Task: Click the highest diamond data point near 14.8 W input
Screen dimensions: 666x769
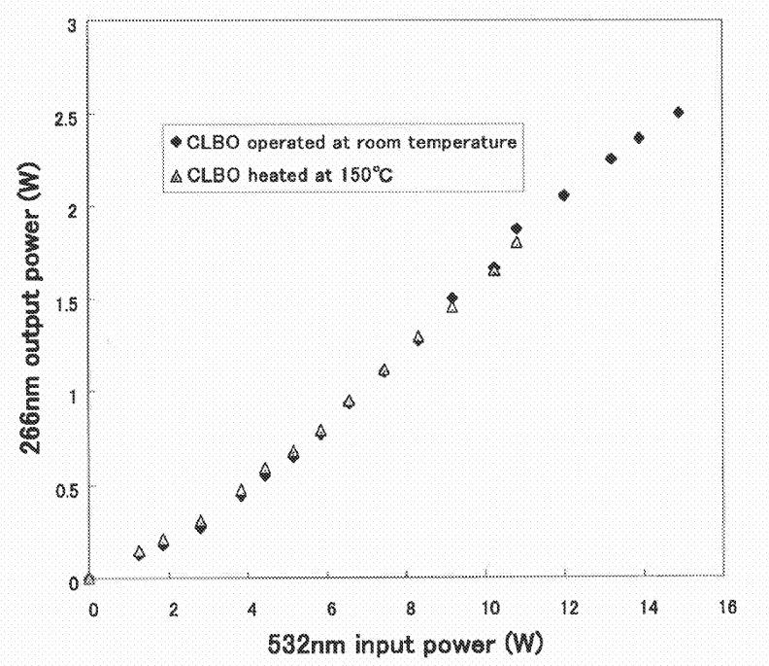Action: tap(679, 113)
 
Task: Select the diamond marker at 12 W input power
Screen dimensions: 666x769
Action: tap(564, 195)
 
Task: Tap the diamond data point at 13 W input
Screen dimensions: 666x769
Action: tap(611, 158)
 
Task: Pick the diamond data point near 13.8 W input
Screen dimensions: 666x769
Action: tap(639, 138)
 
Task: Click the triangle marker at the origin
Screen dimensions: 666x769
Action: tap(89, 578)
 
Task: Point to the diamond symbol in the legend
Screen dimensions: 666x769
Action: tap(176, 142)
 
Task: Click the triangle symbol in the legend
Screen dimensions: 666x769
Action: tap(176, 175)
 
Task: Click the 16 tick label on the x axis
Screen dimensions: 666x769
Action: tap(724, 608)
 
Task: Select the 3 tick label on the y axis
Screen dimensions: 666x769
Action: tap(70, 22)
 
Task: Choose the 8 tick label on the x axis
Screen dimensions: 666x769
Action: tap(412, 609)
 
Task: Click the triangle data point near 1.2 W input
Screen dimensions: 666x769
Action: tap(139, 552)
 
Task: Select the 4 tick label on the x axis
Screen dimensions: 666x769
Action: tap(252, 609)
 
